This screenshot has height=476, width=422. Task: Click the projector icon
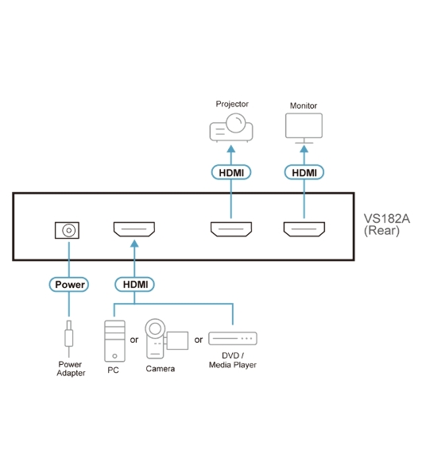click(231, 128)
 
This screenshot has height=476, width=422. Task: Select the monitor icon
click(304, 129)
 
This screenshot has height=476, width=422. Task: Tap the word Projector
click(232, 104)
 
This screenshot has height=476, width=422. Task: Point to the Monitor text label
click(304, 106)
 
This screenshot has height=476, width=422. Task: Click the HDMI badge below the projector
click(231, 172)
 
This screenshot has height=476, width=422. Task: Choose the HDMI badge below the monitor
click(304, 172)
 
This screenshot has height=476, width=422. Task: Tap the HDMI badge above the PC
click(134, 285)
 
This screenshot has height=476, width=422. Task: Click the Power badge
click(69, 285)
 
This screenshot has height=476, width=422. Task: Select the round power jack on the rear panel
click(68, 230)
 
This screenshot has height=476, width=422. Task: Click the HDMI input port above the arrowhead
click(134, 229)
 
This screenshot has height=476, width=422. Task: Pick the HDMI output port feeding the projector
click(231, 229)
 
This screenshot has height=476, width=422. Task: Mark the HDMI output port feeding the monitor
click(304, 229)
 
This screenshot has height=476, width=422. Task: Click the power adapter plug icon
click(69, 339)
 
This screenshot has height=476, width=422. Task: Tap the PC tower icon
click(114, 341)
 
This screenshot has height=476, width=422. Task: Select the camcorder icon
click(166, 339)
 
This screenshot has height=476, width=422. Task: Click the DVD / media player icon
click(233, 339)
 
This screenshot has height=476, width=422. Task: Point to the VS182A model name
click(387, 219)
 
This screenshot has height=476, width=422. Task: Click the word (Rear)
click(381, 230)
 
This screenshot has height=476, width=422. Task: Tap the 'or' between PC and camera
click(134, 340)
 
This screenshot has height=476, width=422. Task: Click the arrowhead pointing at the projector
click(231, 149)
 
